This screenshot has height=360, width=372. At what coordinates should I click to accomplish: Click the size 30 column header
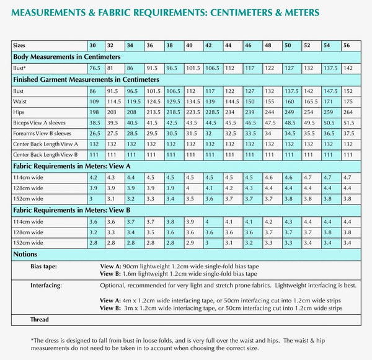92,45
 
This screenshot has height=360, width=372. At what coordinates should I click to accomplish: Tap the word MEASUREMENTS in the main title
51,12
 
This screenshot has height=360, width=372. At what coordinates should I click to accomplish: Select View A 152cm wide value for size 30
92,199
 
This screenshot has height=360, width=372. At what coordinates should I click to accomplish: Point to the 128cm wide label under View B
27,232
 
